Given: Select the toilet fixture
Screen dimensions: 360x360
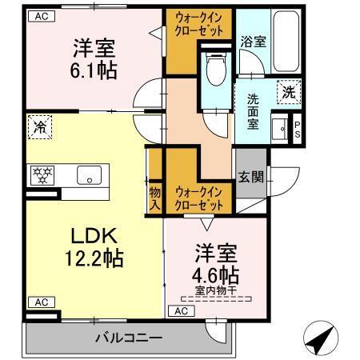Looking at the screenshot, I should pyautogui.click(x=214, y=70).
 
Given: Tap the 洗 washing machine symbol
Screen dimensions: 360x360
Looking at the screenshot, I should pyautogui.click(x=287, y=92).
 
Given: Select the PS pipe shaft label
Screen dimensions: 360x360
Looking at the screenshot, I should pyautogui.click(x=298, y=130).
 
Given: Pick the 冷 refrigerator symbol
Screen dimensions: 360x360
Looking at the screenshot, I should pyautogui.click(x=38, y=126).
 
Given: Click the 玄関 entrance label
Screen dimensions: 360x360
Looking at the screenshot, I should pyautogui.click(x=248, y=177).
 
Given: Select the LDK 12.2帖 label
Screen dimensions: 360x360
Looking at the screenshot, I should pyautogui.click(x=94, y=248).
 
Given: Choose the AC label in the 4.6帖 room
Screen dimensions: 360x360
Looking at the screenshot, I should pyautogui.click(x=182, y=310).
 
